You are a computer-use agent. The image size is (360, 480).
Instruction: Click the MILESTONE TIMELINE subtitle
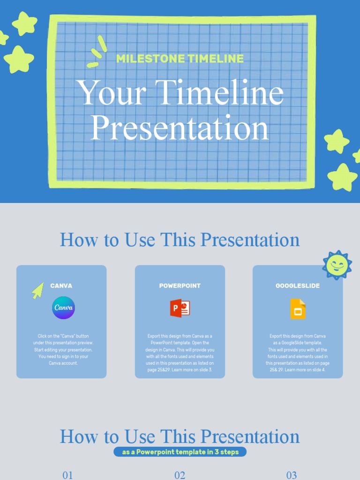pos(180,59)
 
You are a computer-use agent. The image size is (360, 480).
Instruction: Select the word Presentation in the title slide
pos(180,127)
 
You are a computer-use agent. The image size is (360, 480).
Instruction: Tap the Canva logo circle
pos(63,308)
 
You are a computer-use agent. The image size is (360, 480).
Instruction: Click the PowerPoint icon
pos(180,308)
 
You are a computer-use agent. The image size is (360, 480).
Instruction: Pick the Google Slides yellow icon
pos(298,308)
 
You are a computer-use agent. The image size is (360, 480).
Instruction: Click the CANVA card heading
pos(61,285)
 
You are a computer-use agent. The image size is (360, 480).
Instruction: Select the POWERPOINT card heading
pos(180,285)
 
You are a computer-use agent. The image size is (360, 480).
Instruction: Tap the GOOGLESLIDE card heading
pos(298,285)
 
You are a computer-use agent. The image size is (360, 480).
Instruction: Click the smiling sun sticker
pos(337,265)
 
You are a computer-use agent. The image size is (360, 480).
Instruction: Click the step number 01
pos(68,475)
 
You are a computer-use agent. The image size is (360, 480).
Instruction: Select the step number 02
pos(180,475)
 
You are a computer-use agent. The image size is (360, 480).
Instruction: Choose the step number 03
pos(292,475)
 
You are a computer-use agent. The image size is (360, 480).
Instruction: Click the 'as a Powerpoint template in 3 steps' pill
pos(180,452)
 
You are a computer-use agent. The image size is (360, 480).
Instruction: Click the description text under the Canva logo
pos(63,349)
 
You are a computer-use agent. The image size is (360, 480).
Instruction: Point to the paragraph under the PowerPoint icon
pos(180,352)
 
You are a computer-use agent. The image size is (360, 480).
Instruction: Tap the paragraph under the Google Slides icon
pos(298,352)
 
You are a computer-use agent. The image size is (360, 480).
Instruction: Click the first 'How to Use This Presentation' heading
pos(180,240)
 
